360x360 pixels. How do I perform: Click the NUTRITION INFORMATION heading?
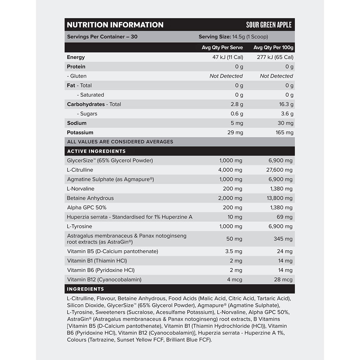[115, 25]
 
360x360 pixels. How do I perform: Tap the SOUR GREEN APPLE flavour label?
[269, 25]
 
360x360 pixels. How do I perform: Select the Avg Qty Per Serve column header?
[222, 48]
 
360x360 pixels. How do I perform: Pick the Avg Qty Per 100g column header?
[273, 48]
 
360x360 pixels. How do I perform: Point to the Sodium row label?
[77, 123]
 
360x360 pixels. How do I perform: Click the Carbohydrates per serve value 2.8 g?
[237, 104]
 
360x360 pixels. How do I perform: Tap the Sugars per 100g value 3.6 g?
[287, 114]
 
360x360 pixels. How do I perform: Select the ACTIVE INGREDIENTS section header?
[96, 151]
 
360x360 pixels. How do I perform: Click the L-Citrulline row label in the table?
[80, 170]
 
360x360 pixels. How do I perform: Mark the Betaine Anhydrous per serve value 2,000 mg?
[230, 198]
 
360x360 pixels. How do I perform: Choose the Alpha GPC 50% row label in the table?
[87, 208]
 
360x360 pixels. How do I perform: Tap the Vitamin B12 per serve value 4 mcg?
[235, 280]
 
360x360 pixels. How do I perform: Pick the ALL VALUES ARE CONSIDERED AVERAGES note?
[120, 142]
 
